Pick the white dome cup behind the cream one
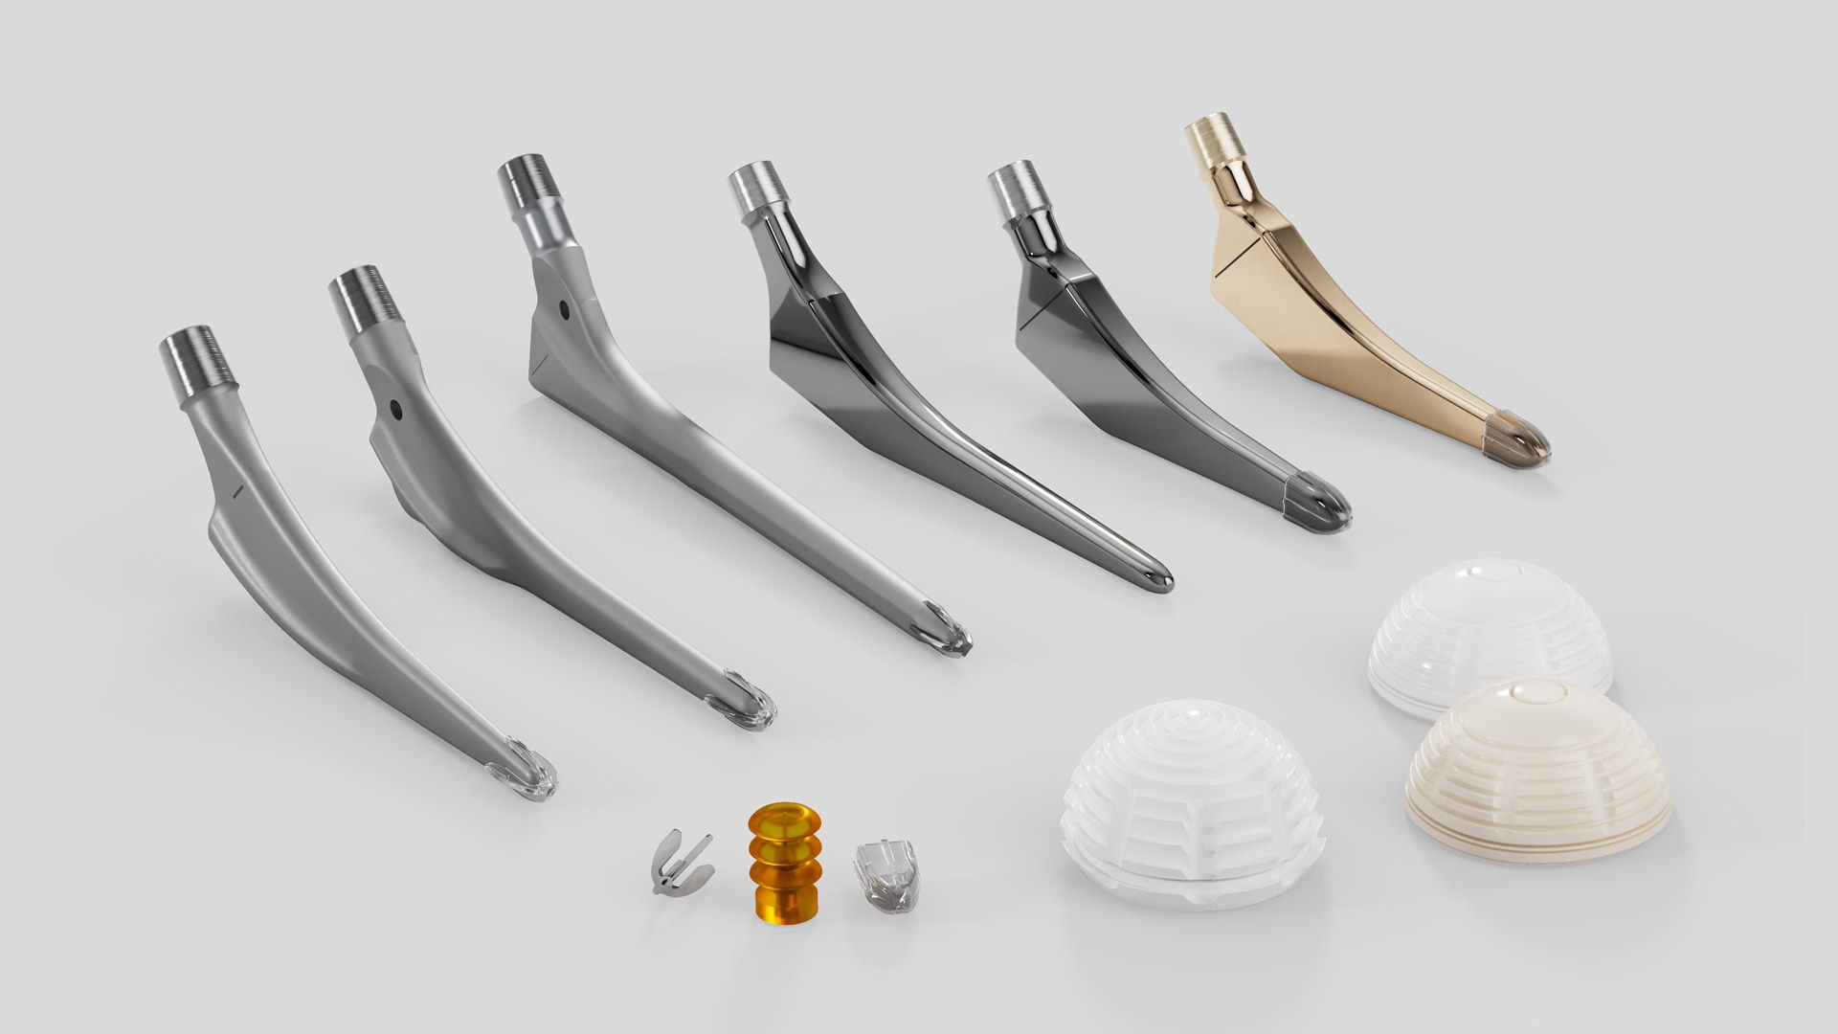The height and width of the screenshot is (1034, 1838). [1489, 632]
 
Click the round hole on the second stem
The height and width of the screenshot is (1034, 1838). [393, 410]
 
